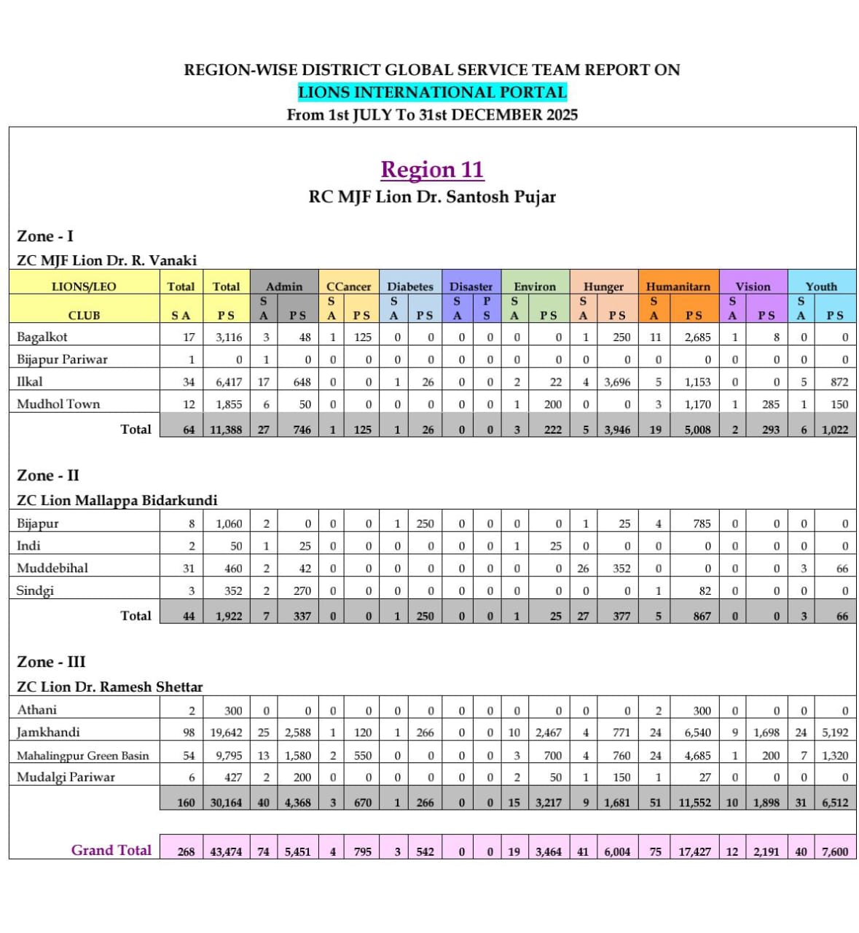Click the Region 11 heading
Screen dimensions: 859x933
click(432, 170)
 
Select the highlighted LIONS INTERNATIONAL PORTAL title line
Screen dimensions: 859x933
click(432, 93)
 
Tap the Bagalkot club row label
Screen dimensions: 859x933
click(42, 337)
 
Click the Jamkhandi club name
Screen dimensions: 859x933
click(48, 732)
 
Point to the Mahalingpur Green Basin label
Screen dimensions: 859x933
click(82, 756)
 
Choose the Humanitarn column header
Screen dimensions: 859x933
click(678, 286)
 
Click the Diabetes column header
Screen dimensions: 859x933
click(409, 286)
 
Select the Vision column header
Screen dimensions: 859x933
click(753, 286)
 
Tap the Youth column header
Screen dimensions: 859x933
click(821, 286)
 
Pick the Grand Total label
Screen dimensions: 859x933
click(111, 850)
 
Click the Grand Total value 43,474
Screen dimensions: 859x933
click(226, 851)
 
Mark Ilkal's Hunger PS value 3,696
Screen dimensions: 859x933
click(616, 382)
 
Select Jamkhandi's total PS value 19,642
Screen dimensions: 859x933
click(226, 733)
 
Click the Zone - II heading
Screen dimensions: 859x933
click(48, 475)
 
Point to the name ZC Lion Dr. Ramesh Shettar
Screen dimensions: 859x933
click(110, 687)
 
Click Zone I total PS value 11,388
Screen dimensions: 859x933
click(226, 430)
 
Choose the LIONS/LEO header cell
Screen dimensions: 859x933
click(84, 286)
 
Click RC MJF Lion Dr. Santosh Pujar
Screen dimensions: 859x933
click(432, 197)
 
